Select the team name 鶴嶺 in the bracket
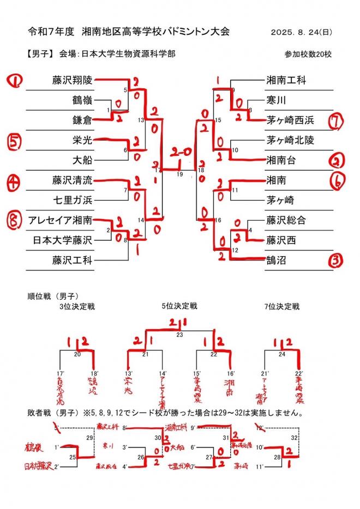pos(82,100)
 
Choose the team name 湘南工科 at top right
pos(286,80)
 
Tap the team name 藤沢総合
pos(286,220)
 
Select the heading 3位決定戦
pos(77,306)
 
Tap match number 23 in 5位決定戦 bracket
pos(179,335)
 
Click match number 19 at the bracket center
pos(179,174)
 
